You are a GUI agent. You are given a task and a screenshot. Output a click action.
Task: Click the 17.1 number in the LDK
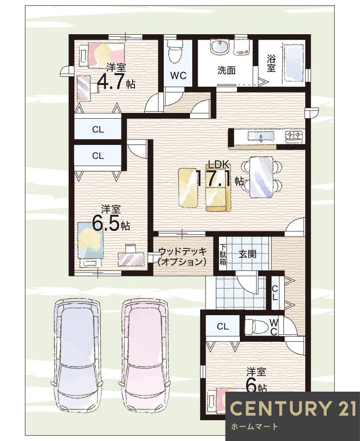[213, 179]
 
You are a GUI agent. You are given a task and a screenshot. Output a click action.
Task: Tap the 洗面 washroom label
[226, 70]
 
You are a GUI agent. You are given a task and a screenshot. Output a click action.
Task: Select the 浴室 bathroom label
[271, 63]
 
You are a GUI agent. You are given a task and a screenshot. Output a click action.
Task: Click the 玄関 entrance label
[247, 254]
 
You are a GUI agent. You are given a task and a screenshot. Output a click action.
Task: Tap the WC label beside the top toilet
[178, 76]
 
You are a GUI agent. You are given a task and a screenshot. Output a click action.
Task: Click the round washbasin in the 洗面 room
[219, 48]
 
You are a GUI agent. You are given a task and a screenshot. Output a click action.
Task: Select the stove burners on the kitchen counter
[294, 135]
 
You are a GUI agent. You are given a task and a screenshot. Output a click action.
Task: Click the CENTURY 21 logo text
[293, 408]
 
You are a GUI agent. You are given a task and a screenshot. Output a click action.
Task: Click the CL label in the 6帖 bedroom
[222, 327]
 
